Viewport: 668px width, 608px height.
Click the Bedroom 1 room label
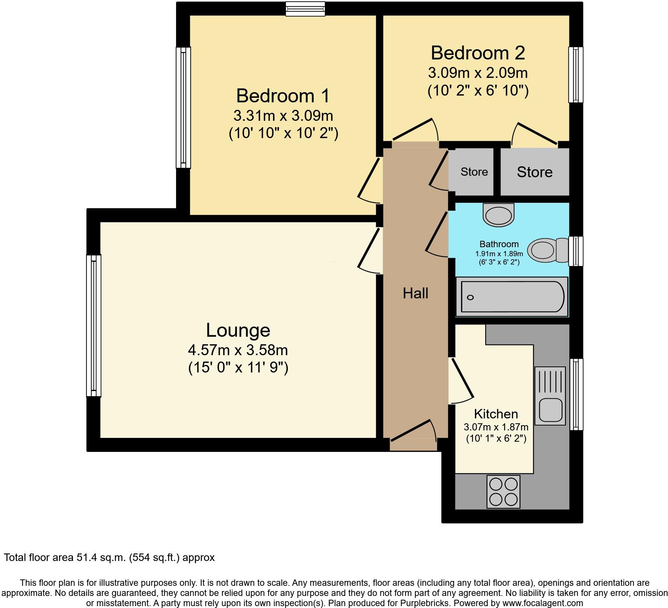point(283,96)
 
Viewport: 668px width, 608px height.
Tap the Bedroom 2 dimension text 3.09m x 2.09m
point(478,73)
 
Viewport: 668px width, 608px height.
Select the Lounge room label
point(238,330)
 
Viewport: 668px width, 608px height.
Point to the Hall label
point(415,293)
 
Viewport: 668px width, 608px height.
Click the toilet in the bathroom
point(547,250)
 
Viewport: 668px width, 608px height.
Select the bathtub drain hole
point(470,297)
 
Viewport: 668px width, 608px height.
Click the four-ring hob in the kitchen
point(504,491)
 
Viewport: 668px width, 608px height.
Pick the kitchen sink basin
point(550,409)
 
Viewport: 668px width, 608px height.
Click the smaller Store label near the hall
point(474,172)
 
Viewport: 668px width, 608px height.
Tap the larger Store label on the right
point(534,172)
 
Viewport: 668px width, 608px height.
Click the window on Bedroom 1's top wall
point(305,9)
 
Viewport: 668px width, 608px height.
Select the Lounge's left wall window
point(94,326)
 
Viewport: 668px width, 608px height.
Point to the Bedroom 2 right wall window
point(575,74)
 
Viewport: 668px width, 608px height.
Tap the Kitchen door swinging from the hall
point(462,380)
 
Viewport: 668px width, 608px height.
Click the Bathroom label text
point(499,244)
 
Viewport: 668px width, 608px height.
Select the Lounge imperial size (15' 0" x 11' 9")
point(238,367)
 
